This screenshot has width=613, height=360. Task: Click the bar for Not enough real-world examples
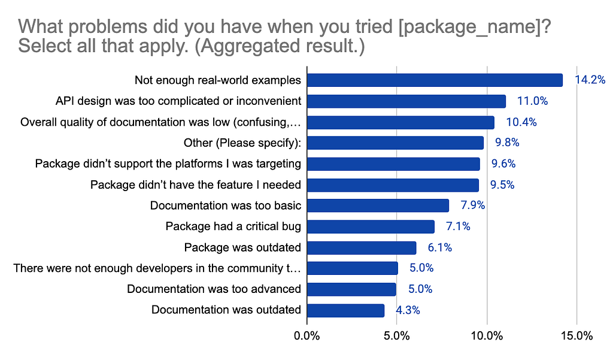tap(435, 80)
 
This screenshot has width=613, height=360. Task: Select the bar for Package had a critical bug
tap(371, 226)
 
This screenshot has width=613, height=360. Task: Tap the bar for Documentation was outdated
tap(345, 310)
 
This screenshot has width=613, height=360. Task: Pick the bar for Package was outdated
tap(362, 247)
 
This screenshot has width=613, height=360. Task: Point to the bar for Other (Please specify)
tap(395, 143)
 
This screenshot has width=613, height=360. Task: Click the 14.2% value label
tap(590, 80)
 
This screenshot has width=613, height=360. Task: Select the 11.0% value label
tap(532, 101)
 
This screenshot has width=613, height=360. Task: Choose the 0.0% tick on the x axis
tap(307, 337)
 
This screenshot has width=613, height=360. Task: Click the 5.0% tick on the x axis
tap(397, 337)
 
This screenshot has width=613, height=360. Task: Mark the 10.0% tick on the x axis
tap(487, 337)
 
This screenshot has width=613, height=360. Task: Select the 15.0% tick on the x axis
tap(576, 337)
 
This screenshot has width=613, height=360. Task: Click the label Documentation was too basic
tap(225, 205)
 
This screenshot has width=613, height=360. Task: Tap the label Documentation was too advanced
tap(214, 289)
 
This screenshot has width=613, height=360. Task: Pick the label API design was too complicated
tap(178, 101)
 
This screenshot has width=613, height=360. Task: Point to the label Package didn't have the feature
tap(195, 184)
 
